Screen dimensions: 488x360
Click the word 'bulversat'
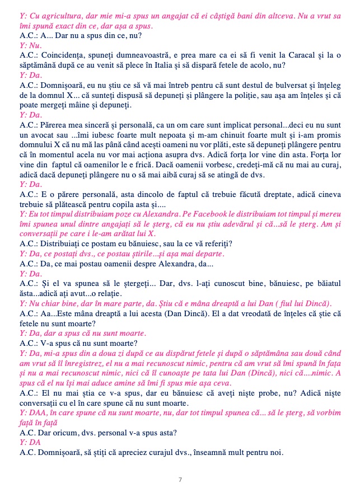tap(289, 85)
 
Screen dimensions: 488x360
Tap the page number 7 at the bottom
tap(180, 480)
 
